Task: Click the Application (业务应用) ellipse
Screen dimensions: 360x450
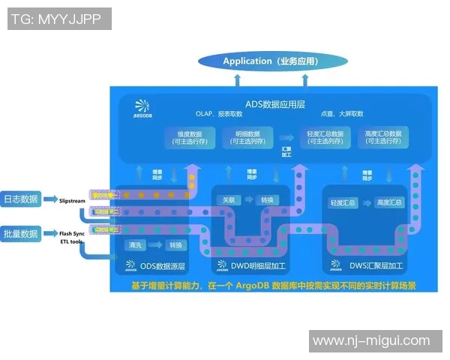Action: [x=272, y=61]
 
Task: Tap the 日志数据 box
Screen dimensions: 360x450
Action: [x=21, y=199]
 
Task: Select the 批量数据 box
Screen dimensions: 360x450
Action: [x=21, y=234]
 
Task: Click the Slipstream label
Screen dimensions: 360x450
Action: [x=73, y=200]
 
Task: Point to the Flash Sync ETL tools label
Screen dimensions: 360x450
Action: [x=73, y=238]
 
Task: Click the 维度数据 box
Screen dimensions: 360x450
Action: [x=187, y=137]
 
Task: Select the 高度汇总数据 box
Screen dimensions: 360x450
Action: [x=383, y=137]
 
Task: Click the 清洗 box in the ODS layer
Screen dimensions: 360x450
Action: [x=136, y=245]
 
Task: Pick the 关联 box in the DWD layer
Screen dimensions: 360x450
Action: [x=229, y=200]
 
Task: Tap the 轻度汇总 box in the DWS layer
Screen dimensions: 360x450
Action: [x=343, y=202]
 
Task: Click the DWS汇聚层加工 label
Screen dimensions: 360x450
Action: [x=367, y=265]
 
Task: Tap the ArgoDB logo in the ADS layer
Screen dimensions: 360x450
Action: [x=142, y=109]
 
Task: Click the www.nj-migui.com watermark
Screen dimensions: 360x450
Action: [x=371, y=341]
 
